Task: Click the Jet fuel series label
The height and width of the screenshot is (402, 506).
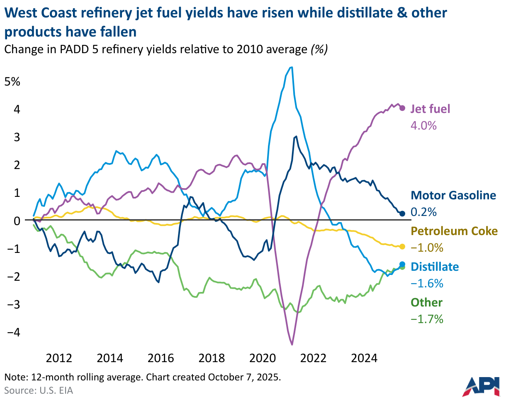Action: click(430, 109)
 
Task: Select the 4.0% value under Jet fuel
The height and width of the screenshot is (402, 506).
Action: click(423, 125)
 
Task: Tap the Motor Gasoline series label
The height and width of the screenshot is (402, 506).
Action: click(453, 195)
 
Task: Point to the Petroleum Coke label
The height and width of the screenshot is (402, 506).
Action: click(454, 231)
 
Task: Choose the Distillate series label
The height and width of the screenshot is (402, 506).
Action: click(435, 267)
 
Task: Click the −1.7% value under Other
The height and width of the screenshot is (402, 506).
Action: click(427, 319)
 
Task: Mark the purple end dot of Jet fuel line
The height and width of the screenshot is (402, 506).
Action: click(402, 108)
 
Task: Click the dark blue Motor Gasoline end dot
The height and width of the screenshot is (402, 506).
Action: click(402, 213)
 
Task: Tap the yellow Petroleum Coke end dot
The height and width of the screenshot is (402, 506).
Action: click(402, 246)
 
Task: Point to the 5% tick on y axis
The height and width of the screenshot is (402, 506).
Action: click(12, 81)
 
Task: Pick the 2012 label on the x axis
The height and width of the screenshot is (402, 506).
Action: click(59, 358)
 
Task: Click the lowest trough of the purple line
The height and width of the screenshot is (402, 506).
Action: click(292, 344)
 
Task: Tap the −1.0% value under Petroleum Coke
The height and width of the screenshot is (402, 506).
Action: click(427, 248)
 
